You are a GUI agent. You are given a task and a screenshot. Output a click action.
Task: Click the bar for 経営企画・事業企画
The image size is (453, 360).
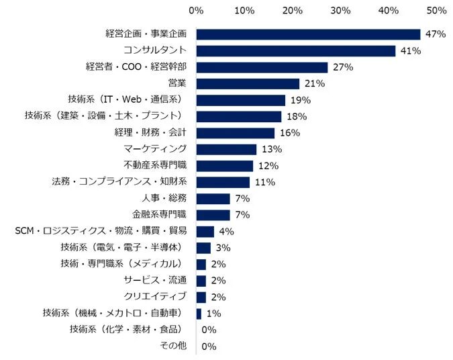308,34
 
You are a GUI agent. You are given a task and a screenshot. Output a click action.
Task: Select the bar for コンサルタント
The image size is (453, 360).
295,51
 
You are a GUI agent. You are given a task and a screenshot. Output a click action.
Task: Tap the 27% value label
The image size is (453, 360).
342,67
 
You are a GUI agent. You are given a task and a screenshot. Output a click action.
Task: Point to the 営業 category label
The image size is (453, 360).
177,83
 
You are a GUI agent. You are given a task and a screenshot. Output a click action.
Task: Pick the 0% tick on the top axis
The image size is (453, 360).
196,11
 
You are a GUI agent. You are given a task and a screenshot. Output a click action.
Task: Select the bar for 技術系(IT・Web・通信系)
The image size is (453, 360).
241,100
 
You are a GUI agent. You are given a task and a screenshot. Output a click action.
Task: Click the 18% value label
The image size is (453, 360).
297,116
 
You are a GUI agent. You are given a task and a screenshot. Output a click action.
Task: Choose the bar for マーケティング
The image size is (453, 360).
226,149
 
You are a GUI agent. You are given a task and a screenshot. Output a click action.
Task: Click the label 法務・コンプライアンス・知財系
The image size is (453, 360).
119,181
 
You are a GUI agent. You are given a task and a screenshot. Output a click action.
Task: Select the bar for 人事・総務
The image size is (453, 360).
213,198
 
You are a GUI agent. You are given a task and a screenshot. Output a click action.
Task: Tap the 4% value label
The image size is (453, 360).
227,231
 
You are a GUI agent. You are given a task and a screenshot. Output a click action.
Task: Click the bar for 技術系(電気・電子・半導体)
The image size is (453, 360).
203,247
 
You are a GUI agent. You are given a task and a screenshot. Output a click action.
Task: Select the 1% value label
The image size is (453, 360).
213,313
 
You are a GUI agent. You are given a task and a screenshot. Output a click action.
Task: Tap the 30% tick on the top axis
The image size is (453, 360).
340,11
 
